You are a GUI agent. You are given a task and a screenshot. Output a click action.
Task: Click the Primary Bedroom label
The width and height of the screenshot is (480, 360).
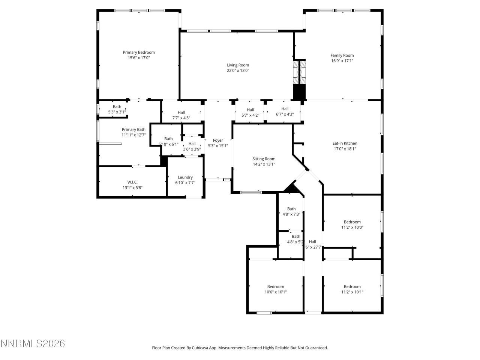[x=139, y=52]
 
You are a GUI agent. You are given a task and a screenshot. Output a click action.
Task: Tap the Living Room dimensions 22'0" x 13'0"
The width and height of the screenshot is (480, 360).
[x=238, y=70]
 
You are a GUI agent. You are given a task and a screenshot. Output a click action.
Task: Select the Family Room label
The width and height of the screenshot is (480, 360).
[x=342, y=55]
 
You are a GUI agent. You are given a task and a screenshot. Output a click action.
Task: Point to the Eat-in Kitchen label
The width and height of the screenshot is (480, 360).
[x=345, y=143]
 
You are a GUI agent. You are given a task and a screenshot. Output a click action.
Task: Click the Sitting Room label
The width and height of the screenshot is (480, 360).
[x=264, y=159]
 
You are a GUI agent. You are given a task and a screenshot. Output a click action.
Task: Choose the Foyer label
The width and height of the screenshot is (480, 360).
[x=218, y=141]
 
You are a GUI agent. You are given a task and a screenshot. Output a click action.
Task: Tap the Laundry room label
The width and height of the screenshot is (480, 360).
[x=185, y=177]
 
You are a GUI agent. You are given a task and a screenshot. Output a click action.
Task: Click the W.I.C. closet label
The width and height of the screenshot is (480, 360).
[x=132, y=182]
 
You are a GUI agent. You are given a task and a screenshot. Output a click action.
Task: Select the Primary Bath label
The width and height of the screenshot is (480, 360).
[x=133, y=130]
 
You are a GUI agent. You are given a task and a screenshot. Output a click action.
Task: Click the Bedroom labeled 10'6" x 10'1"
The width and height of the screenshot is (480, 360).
[x=276, y=289]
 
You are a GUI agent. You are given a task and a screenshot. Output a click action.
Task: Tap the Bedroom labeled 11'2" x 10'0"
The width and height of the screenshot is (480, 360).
[x=352, y=224]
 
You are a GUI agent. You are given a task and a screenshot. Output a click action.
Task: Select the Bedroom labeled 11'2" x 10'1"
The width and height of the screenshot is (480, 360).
[x=352, y=289]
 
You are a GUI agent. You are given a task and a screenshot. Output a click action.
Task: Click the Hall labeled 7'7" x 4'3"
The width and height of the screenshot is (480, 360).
[x=181, y=115]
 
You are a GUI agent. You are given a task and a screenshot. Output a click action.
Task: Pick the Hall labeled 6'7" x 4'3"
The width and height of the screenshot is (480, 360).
[x=285, y=112]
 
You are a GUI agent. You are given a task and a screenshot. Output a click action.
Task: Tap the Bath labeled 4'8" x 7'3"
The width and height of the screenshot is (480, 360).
[x=291, y=211]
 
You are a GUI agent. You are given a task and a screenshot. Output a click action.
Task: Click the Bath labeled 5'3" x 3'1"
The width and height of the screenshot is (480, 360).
[x=117, y=109]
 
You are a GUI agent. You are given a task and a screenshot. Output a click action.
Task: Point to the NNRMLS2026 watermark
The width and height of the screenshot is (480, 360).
[x=33, y=343]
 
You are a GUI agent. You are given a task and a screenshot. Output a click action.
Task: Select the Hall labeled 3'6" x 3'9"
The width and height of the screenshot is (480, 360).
[x=192, y=146]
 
